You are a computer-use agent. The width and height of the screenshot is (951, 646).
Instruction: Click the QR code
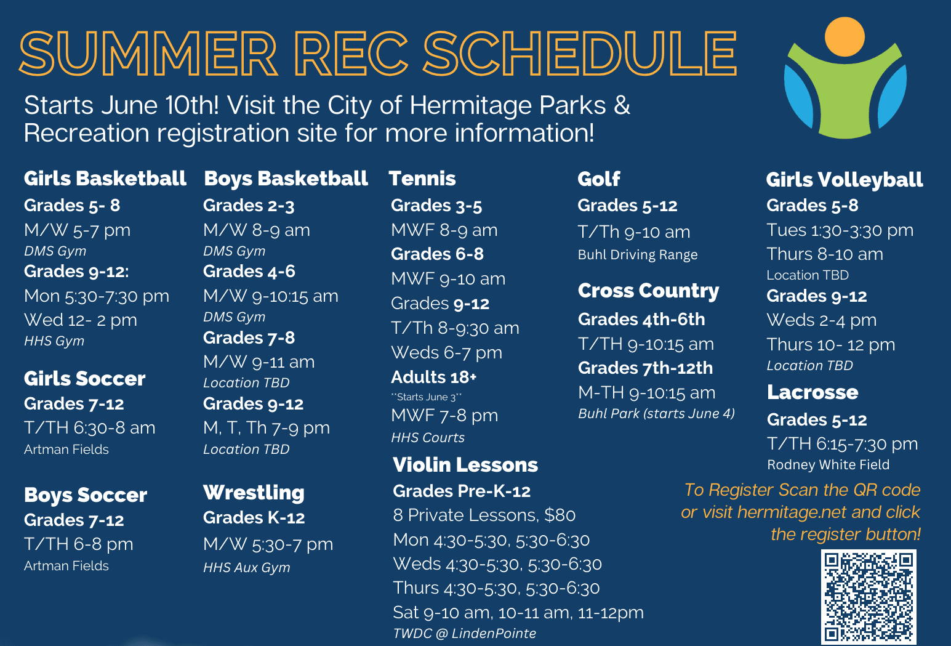pos(869,597)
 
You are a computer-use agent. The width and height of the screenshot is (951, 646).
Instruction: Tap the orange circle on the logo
pos(845,36)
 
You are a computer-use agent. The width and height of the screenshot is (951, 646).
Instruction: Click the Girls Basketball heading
pos(105,179)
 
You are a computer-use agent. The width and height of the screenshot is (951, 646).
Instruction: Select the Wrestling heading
pos(254,493)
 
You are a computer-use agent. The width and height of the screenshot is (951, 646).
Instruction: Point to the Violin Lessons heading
pos(465,465)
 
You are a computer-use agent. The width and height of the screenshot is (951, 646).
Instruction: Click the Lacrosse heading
pos(813,392)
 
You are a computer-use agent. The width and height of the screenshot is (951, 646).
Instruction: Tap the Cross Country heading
pos(648,291)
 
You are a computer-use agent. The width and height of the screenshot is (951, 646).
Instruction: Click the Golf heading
pos(599,179)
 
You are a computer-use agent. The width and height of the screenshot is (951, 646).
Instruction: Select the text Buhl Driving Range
pos(638,255)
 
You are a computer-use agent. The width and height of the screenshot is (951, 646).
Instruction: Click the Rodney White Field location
pos(829,465)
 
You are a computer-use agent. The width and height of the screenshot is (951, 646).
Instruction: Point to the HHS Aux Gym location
pos(247,567)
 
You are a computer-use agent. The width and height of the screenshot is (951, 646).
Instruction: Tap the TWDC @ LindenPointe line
pos(465,633)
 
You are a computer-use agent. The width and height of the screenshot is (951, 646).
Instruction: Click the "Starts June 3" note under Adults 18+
pos(426,397)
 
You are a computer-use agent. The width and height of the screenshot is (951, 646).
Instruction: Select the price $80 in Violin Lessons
pos(560,515)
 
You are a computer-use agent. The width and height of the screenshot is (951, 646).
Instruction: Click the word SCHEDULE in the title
pos(579,54)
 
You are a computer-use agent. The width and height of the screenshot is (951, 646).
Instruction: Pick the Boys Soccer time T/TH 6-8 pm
pos(79,544)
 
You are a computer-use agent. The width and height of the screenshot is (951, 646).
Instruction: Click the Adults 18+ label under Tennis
pos(433,377)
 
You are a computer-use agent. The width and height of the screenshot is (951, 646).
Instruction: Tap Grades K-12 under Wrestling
pos(254,518)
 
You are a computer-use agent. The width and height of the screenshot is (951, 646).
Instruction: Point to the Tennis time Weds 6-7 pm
pos(447,352)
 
